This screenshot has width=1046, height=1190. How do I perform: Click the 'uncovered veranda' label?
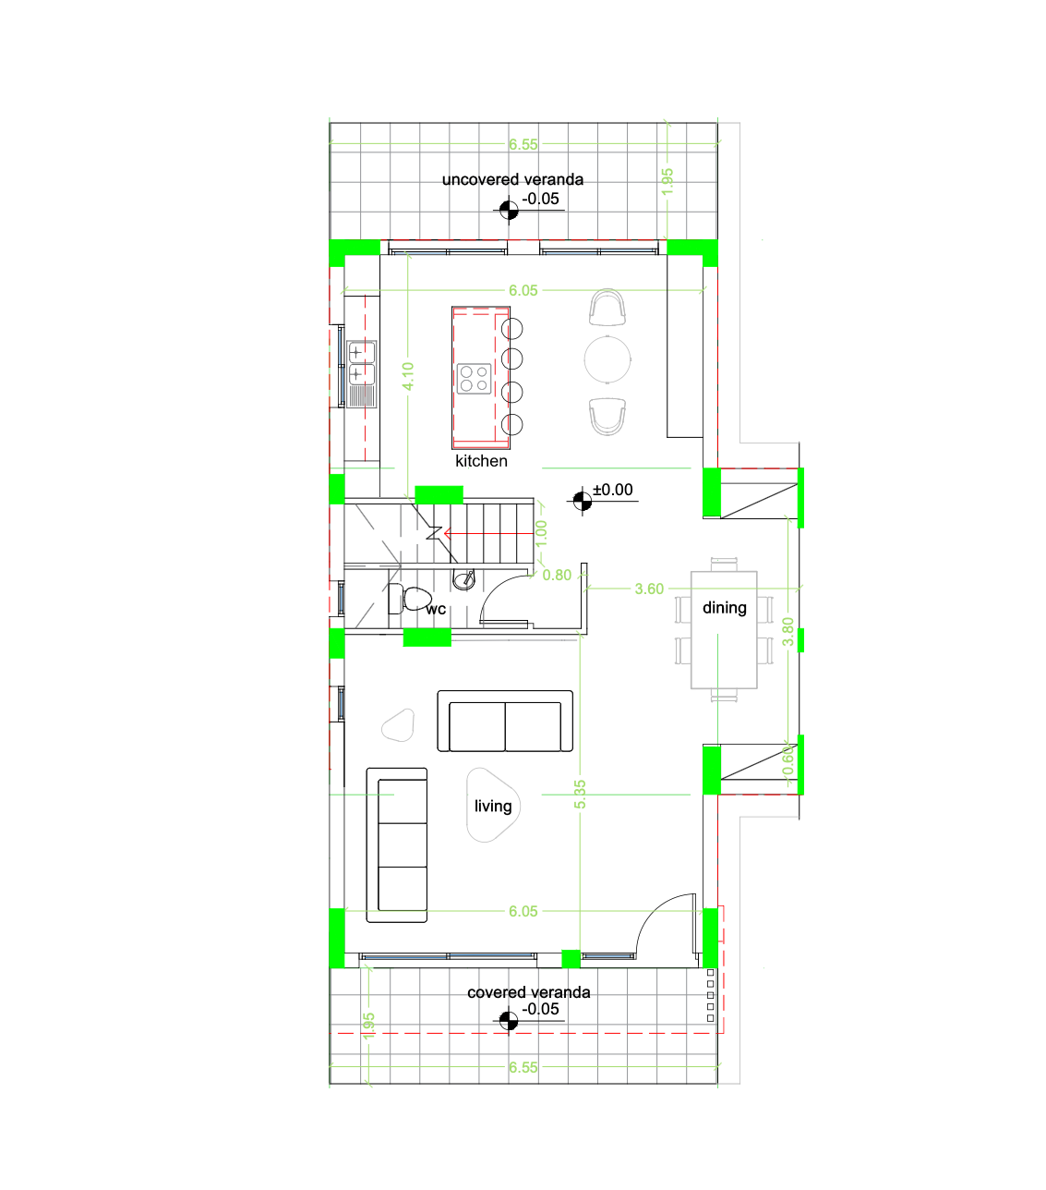pos(512,179)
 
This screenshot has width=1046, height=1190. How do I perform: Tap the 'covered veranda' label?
pos(528,992)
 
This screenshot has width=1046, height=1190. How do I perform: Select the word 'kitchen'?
pos(481,461)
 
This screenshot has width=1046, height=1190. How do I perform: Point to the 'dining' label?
pos(725,608)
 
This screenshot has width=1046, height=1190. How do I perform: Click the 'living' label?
pos(493,807)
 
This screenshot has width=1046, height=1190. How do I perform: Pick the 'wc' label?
pos(436,609)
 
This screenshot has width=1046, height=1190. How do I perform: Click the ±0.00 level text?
pos(613,491)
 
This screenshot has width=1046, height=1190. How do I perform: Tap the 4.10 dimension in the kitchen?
pos(408,376)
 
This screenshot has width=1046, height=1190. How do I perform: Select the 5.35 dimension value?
pos(580,795)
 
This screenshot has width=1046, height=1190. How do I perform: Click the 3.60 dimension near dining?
pos(649,589)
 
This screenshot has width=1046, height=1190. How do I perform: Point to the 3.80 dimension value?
pos(788,632)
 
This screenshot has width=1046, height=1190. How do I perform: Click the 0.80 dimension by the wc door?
pos(557,575)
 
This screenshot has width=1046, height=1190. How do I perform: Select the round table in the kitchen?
pos(607,358)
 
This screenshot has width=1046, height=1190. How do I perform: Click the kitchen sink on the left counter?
pos(361,363)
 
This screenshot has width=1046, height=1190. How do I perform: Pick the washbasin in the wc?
pos(463,580)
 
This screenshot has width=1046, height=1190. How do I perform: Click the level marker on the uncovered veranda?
pos(508,212)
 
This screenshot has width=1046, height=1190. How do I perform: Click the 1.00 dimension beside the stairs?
pos(542,532)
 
